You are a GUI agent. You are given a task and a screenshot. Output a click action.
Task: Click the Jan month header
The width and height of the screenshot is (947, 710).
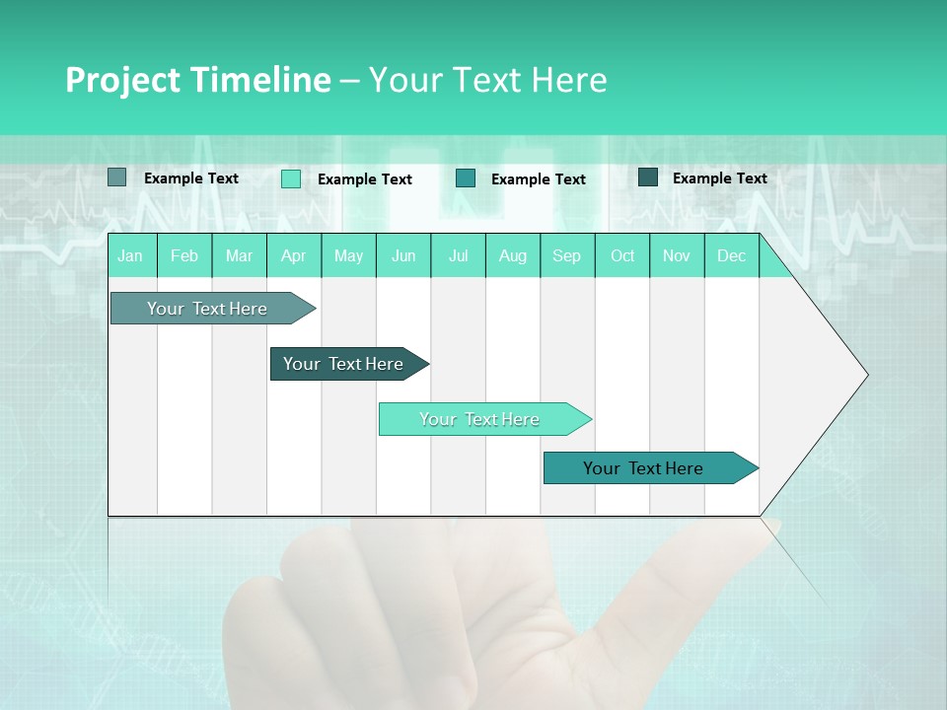point(130,255)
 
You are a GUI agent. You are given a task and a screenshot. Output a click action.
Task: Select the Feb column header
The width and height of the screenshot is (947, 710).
point(184,255)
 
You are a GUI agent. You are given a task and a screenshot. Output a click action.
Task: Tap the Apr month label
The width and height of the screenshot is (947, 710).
point(293,255)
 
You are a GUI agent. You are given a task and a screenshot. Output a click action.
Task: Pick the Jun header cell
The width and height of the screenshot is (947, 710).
point(403,255)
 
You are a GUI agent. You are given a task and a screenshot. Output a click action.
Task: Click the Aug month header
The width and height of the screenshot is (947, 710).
point(512,255)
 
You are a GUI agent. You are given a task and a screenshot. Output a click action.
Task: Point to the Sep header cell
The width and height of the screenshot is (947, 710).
point(566,255)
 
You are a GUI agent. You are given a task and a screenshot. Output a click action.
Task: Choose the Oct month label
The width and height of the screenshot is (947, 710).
point(622,255)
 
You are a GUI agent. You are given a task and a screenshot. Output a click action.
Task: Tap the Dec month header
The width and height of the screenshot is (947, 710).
point(731,255)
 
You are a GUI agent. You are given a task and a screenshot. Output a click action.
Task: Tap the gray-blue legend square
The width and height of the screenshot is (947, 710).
point(116,177)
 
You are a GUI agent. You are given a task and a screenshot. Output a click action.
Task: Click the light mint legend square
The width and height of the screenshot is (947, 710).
point(291,178)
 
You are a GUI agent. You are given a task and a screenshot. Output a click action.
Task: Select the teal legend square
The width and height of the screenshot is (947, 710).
point(466,177)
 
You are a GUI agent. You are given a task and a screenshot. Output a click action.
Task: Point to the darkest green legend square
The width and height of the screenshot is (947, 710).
point(648,177)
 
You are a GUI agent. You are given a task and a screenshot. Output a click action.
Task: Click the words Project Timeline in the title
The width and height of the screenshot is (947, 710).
point(197,80)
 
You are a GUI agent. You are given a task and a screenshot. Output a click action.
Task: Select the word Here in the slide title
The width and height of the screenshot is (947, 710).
point(569,80)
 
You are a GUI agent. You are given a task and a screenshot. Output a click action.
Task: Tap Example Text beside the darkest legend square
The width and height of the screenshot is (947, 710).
point(719,178)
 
